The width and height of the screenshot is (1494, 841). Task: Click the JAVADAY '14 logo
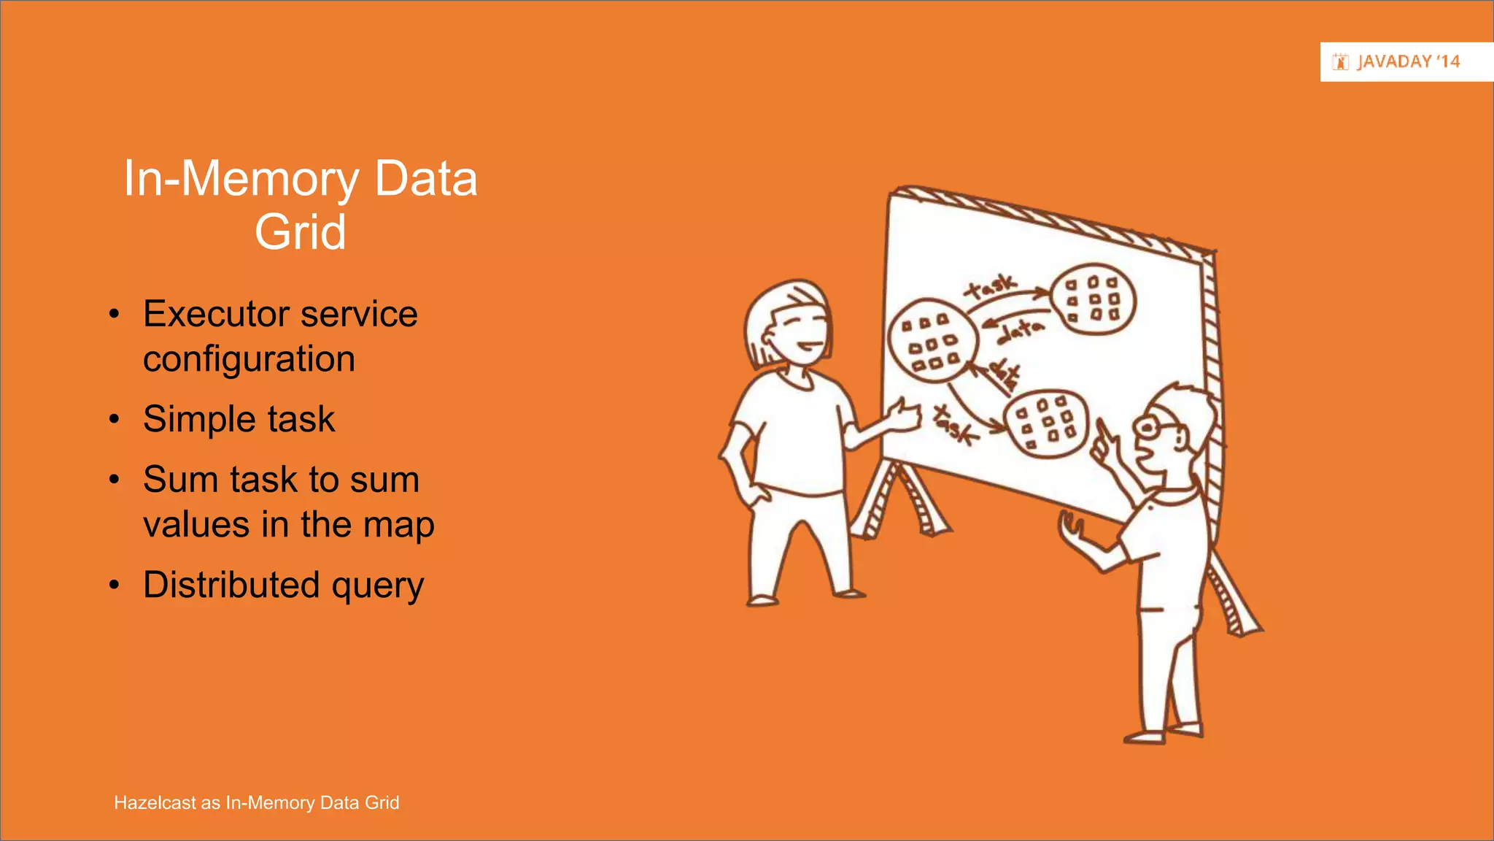(1396, 62)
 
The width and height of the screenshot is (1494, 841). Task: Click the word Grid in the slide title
(300, 232)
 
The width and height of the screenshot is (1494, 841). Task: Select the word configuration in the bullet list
(249, 359)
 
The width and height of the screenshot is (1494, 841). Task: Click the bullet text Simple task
(239, 419)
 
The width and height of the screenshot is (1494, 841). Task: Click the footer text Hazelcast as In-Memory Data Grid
(256, 802)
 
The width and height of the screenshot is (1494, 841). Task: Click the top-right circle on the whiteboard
(1093, 299)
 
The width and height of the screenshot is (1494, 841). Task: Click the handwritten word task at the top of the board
(990, 286)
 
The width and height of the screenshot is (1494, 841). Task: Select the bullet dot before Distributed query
(114, 585)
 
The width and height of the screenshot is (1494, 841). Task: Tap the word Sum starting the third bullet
(180, 480)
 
